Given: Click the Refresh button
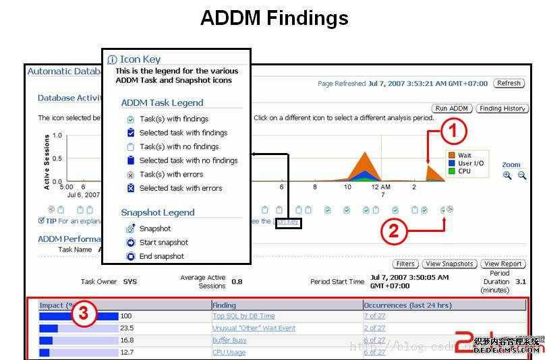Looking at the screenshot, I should [x=509, y=84].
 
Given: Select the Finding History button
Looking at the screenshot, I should [x=502, y=109].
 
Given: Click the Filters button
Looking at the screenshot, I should [x=405, y=264].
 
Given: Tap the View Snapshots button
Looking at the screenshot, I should [x=449, y=264].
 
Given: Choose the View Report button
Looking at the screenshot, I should [x=503, y=264].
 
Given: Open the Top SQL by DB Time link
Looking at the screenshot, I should [x=243, y=316].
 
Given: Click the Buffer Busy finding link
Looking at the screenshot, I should [x=229, y=340].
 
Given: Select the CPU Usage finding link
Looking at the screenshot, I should [x=229, y=353].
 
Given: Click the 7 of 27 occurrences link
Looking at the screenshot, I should [x=375, y=316].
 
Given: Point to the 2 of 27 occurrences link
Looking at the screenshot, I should [x=375, y=328].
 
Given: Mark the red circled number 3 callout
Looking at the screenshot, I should [x=85, y=312].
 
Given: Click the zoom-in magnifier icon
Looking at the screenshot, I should [x=507, y=175].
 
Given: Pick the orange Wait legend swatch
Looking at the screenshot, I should [x=451, y=156].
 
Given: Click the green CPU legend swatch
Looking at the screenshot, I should [x=451, y=171].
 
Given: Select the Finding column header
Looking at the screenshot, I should [x=225, y=305].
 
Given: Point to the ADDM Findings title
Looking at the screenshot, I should [x=274, y=18].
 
